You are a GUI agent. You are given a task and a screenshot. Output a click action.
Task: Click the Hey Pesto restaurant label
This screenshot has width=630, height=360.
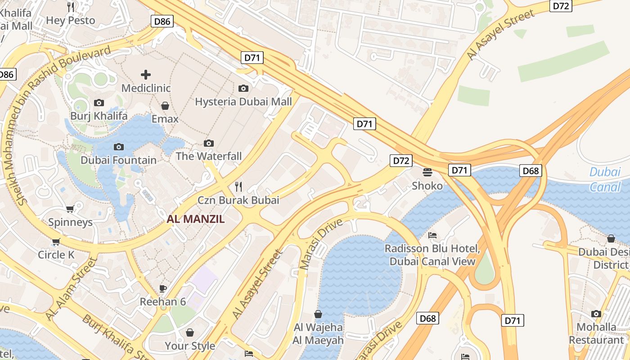pos(71,20)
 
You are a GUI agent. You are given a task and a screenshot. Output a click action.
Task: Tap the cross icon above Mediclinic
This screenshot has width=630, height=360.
pos(146,74)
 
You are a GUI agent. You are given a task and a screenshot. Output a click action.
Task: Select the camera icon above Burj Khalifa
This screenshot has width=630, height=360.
pos(99,103)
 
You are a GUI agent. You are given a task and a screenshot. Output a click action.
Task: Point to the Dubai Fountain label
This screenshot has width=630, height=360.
pos(118,160)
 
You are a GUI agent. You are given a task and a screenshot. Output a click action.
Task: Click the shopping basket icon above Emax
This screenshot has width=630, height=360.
pos(165,106)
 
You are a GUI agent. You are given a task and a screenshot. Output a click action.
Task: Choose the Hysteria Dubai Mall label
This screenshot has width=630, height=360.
pos(243,102)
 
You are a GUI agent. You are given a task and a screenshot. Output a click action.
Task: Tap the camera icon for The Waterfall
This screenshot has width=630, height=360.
pos(208,143)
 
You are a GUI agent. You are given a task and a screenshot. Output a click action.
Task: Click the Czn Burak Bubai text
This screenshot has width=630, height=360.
pos(238,200)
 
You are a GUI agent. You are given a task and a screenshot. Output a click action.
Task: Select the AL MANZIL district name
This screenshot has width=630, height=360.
pos(196,219)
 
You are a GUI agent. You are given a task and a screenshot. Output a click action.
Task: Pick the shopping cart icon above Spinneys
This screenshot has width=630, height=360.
pos(70,209)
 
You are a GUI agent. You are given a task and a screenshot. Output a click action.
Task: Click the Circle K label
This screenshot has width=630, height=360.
pos(56,255)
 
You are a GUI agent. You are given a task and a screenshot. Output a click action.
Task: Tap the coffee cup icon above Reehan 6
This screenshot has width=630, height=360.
pos(163,288)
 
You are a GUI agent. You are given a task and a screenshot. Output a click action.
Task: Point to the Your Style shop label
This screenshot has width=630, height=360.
pos(189,346)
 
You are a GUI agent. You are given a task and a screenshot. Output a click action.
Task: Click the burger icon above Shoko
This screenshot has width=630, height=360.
pos(427,172)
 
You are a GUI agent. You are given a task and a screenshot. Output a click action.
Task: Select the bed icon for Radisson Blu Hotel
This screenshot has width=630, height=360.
pos(432,235)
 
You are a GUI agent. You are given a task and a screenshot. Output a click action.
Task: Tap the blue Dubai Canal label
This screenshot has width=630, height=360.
pos(605,179)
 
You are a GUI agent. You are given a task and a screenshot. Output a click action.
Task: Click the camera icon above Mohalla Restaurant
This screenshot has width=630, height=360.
pos(596,314)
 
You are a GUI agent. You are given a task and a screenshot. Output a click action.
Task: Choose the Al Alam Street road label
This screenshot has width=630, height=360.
pos(71,289)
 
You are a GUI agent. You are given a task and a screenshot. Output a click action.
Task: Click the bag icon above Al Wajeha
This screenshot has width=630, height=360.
pos(318,314)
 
